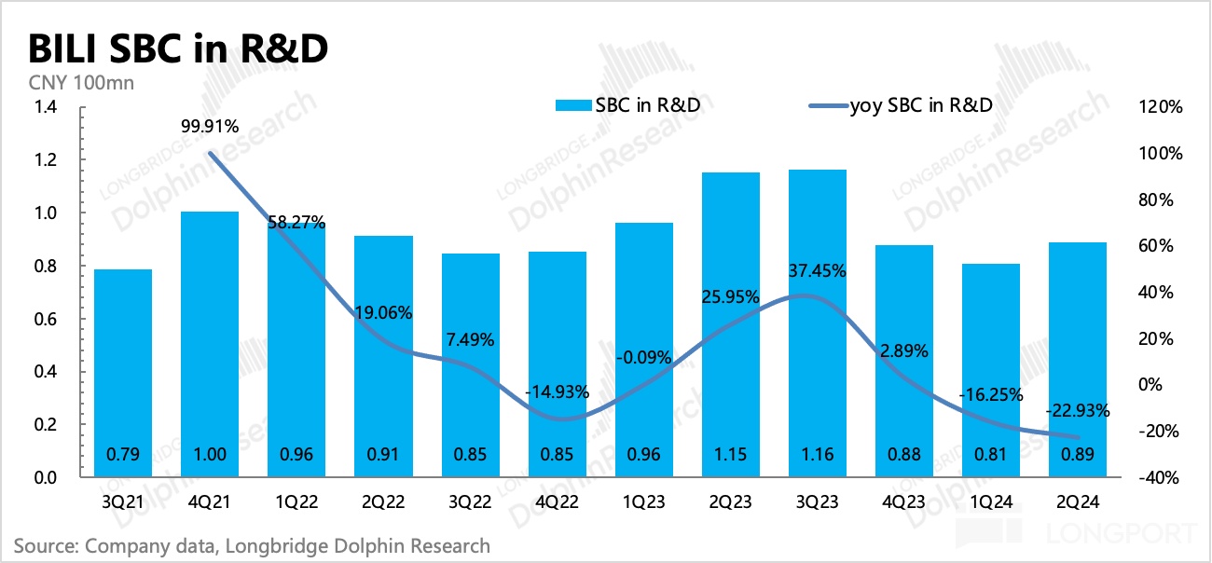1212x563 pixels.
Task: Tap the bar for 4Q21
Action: pyautogui.click(x=209, y=344)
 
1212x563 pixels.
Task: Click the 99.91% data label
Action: pyautogui.click(x=209, y=126)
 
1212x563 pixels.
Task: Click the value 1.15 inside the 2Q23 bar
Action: pyautogui.click(x=731, y=455)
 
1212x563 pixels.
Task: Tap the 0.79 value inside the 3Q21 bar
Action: pyautogui.click(x=122, y=455)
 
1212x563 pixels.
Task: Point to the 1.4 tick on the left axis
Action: pyautogui.click(x=46, y=107)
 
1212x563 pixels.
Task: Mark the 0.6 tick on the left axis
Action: pyautogui.click(x=46, y=319)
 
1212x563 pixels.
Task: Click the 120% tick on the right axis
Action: pyautogui.click(x=1160, y=107)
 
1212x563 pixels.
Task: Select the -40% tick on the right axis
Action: pyautogui.click(x=1160, y=477)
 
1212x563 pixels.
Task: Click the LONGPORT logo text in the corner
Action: pyautogui.click(x=1129, y=535)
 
